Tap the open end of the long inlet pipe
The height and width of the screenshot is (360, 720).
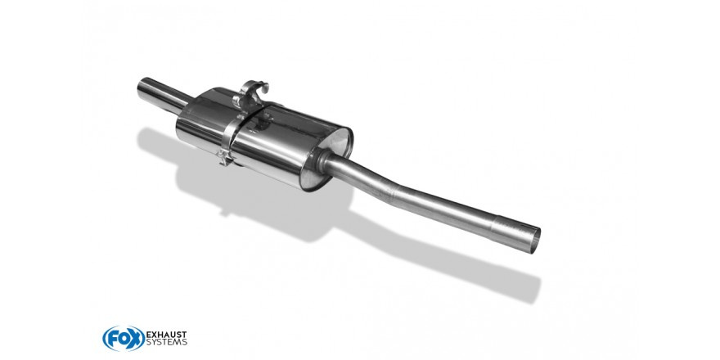click(x=533, y=240)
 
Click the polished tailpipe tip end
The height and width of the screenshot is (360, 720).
click(x=143, y=88)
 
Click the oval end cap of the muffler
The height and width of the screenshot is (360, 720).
click(x=327, y=157)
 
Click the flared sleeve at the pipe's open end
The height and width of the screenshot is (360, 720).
click(x=515, y=234)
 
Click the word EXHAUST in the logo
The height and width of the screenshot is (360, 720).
click(x=166, y=334)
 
